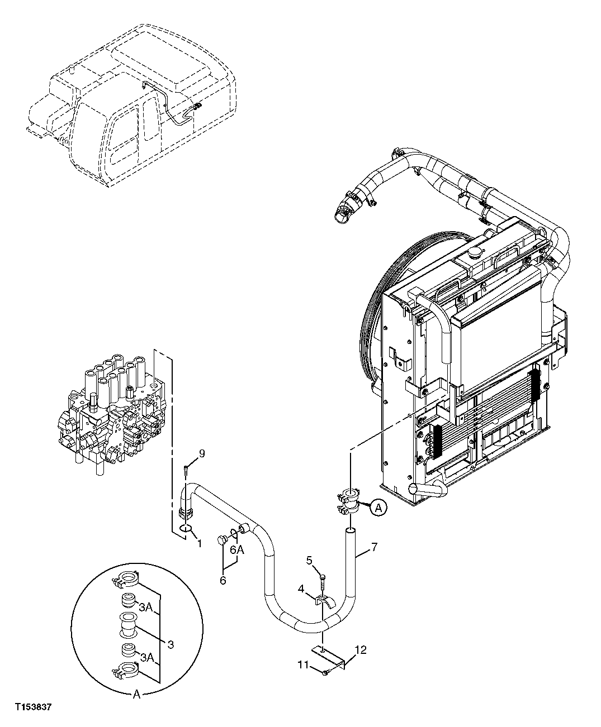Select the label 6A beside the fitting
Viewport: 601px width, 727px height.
(x=237, y=549)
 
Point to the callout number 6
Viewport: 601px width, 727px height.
(x=223, y=580)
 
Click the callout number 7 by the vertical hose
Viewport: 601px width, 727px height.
(x=374, y=547)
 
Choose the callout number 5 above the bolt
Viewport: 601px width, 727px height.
(x=309, y=559)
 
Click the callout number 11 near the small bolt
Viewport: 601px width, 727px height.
(x=302, y=665)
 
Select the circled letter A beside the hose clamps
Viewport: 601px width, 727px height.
(x=378, y=508)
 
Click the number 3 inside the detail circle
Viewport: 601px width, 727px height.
(x=171, y=644)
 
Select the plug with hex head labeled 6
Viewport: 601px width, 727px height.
(x=222, y=541)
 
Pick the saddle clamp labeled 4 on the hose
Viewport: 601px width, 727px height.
(x=324, y=602)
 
